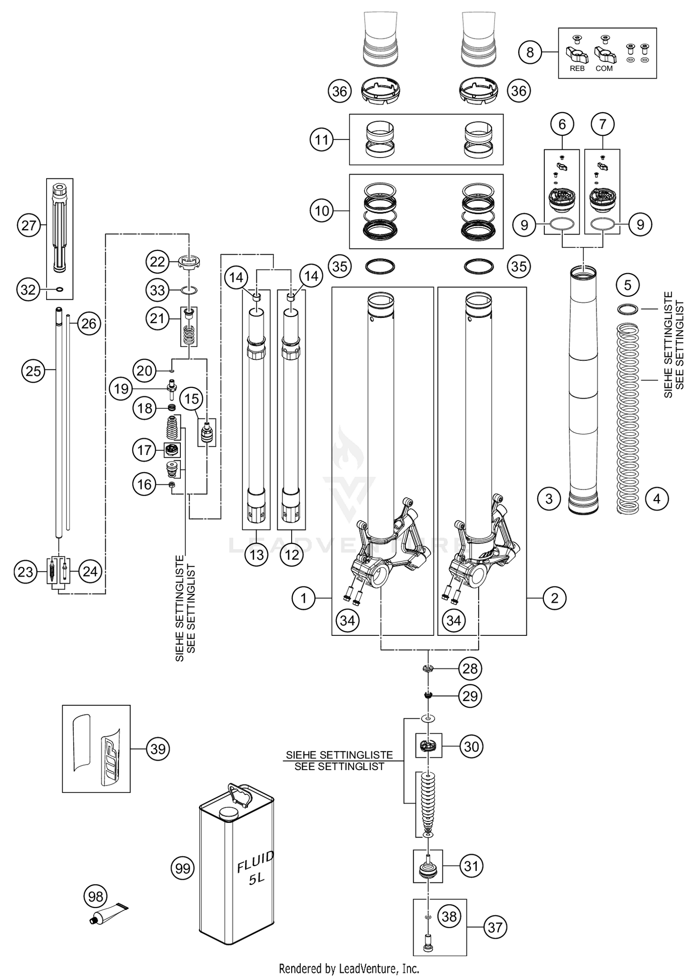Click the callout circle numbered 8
[530, 52]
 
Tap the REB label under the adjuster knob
[577, 69]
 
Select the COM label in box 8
[604, 69]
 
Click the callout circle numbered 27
[29, 226]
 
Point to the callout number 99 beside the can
[182, 868]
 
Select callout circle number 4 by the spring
[657, 499]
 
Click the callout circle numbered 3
[548, 499]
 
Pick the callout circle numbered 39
[158, 749]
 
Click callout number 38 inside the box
[449, 916]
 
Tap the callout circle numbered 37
[494, 927]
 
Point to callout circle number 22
[157, 262]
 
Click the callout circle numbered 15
[192, 399]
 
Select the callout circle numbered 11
[322, 139]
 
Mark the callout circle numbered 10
[322, 211]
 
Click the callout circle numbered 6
[562, 124]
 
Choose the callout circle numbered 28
[470, 668]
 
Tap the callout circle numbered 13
[256, 555]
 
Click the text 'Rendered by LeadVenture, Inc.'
[349, 969]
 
